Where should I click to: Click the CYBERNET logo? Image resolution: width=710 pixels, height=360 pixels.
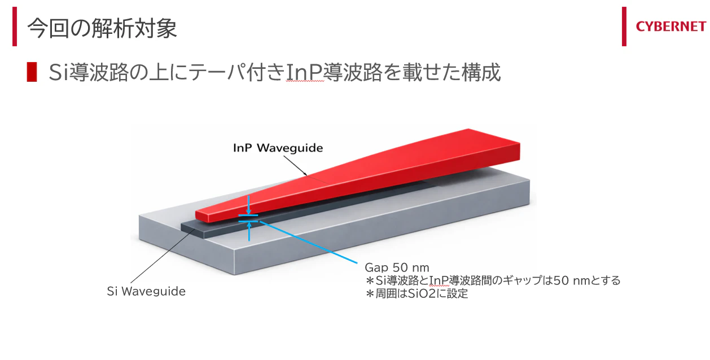click(x=670, y=27)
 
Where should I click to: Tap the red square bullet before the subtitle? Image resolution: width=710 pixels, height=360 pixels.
click(x=32, y=72)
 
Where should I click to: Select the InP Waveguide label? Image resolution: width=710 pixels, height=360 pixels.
click(x=278, y=148)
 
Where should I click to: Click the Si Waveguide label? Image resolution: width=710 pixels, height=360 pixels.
click(x=146, y=291)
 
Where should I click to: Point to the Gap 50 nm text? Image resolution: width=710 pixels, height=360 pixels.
click(x=397, y=267)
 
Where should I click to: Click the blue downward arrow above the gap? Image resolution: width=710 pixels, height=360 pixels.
click(x=249, y=205)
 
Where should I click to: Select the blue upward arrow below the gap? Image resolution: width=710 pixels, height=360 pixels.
click(x=249, y=232)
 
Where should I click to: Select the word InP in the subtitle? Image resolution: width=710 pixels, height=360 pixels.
click(x=305, y=73)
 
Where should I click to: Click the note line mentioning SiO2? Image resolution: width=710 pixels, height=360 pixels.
click(x=417, y=294)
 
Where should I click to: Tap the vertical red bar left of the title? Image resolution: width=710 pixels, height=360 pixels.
click(x=15, y=27)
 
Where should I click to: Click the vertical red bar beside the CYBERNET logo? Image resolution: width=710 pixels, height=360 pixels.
click(x=624, y=27)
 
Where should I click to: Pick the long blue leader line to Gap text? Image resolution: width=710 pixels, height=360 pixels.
click(x=308, y=242)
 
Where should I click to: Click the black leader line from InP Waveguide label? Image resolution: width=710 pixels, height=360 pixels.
click(x=295, y=165)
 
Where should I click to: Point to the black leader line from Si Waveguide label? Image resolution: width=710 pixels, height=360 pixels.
click(x=163, y=256)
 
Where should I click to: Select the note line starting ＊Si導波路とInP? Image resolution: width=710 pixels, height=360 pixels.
click(x=493, y=280)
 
